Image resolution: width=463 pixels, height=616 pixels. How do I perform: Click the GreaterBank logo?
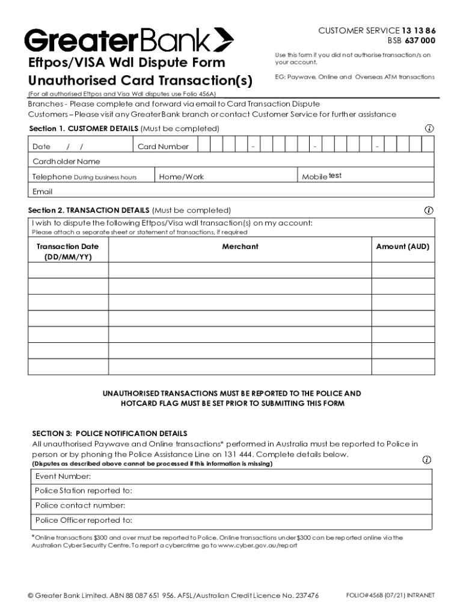[x=129, y=40]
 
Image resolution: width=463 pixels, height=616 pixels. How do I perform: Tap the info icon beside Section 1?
[x=429, y=128]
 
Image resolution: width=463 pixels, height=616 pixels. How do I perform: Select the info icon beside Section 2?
[x=429, y=211]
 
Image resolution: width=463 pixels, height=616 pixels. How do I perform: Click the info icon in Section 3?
[x=426, y=460]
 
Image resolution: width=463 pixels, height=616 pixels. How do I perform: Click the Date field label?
[x=41, y=147]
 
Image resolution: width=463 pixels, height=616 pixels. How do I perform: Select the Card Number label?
[x=163, y=147]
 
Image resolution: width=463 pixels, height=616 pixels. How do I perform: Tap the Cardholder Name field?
[x=66, y=162]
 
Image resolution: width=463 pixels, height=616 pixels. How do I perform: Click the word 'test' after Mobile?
[x=336, y=176]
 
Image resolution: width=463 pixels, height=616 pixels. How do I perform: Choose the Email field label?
[x=43, y=192]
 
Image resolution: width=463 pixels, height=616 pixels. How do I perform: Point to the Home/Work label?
[x=181, y=177]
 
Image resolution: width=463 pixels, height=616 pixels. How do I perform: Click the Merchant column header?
[x=240, y=247]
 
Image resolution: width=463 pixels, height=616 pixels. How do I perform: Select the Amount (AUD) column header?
[x=402, y=247]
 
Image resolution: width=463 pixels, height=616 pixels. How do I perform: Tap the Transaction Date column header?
[x=67, y=251]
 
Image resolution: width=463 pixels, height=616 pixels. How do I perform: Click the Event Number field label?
[x=63, y=476]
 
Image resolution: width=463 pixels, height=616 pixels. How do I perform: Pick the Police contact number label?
[x=80, y=505]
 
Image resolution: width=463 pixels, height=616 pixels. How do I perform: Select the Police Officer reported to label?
[x=84, y=520]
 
